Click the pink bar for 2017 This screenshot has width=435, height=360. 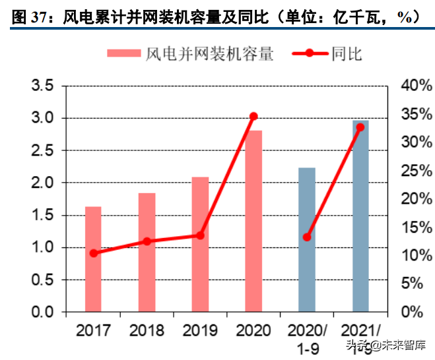93,259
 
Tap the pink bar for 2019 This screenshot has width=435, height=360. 200,245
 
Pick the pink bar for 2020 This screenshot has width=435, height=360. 253,221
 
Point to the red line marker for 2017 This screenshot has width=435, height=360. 94,253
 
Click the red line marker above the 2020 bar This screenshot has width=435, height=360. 253,116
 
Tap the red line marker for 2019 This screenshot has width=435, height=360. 200,235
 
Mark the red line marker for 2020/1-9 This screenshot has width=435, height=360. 307,237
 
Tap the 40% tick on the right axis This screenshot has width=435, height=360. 414,86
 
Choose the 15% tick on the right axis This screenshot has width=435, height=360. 414,227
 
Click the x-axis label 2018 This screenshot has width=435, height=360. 147,330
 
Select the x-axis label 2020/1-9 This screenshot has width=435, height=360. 308,337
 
